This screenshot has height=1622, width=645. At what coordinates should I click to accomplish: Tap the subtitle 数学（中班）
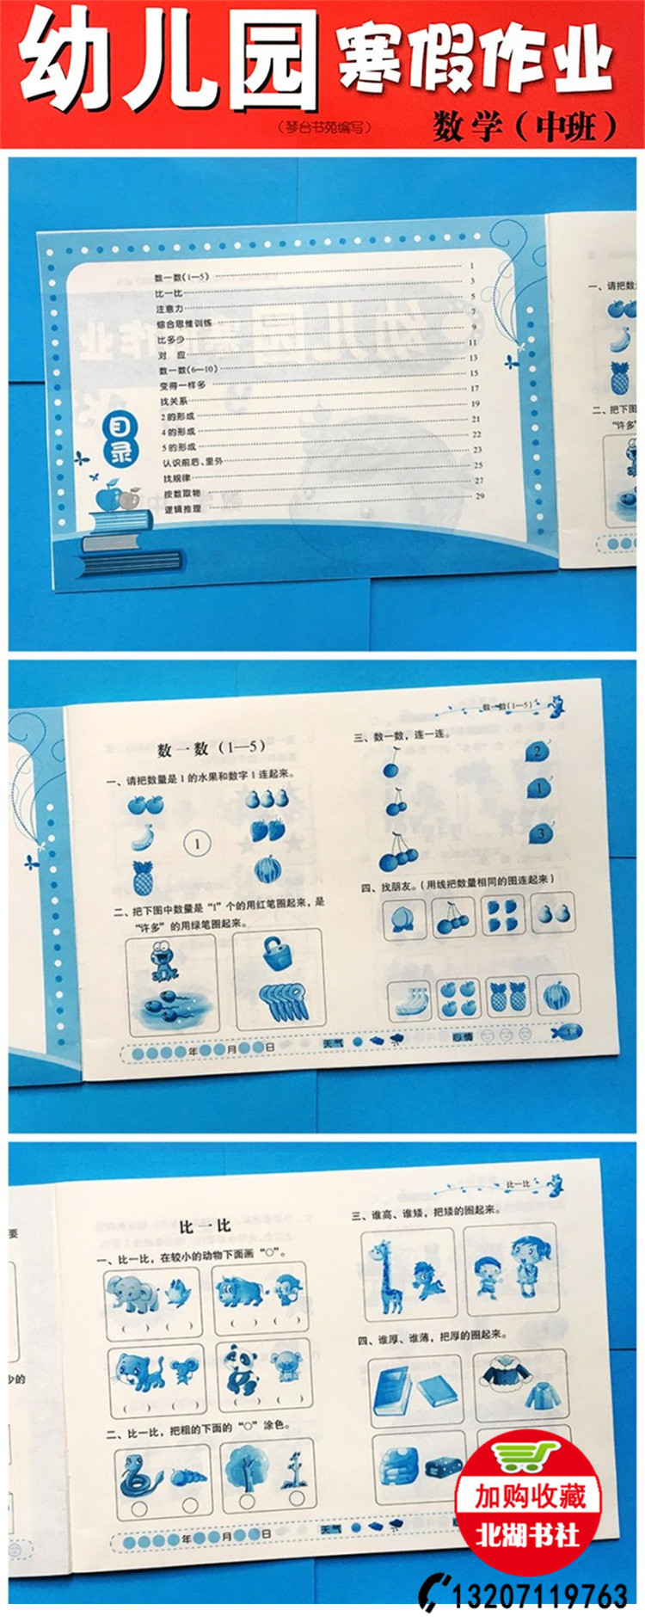coord(525,126)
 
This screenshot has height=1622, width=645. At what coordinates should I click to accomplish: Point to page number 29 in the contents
coord(480,496)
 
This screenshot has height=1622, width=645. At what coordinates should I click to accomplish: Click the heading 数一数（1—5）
coord(212,749)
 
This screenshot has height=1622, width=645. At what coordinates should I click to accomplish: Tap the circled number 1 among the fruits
coord(197,844)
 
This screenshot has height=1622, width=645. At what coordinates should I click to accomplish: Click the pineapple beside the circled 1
coord(143,877)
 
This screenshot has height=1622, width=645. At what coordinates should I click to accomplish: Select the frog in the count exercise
coord(163,960)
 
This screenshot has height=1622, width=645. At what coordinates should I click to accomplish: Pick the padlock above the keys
coord(277,951)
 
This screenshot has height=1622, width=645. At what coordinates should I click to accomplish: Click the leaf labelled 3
coord(539,833)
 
